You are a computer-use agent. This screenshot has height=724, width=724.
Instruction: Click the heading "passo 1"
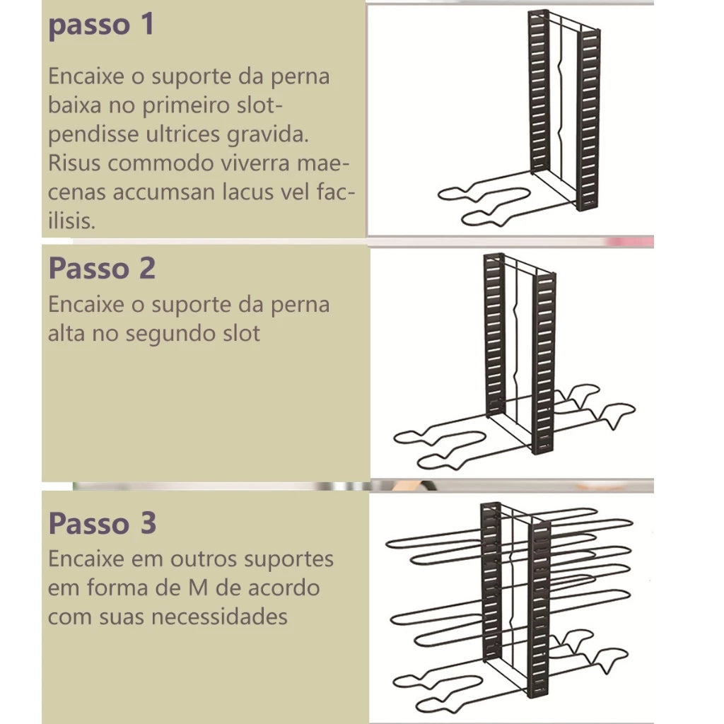point(101,25)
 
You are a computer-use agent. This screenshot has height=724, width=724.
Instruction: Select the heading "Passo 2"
point(102,268)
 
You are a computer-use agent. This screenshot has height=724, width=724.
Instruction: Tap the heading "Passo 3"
point(103,523)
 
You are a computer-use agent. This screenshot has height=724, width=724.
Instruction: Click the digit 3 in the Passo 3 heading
point(148,523)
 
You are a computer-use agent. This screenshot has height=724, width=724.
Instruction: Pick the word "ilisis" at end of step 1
point(71,221)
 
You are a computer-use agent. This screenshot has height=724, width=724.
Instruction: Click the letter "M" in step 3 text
point(197,588)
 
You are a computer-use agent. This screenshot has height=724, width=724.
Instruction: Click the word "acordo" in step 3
point(284,588)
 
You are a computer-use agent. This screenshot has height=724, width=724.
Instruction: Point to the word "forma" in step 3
point(116,588)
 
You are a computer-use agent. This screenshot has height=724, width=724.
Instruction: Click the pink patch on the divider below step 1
point(630,242)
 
